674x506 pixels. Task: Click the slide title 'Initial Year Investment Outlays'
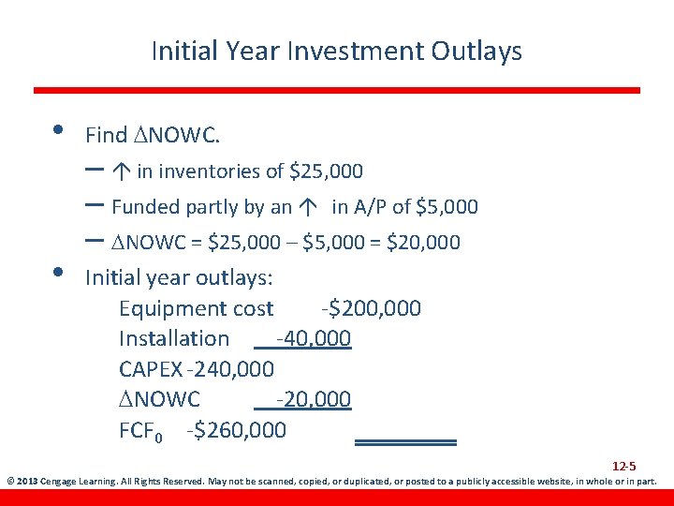point(336,51)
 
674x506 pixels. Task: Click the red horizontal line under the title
point(336,90)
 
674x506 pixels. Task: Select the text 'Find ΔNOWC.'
point(153,135)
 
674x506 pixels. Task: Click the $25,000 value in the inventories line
point(326,171)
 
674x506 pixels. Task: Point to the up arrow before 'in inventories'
point(122,171)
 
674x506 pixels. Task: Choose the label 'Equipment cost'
point(197,308)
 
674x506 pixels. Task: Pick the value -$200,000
point(371,308)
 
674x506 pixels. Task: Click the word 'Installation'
point(174,338)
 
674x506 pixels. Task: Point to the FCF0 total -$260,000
point(237,430)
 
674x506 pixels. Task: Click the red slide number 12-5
point(624,466)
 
